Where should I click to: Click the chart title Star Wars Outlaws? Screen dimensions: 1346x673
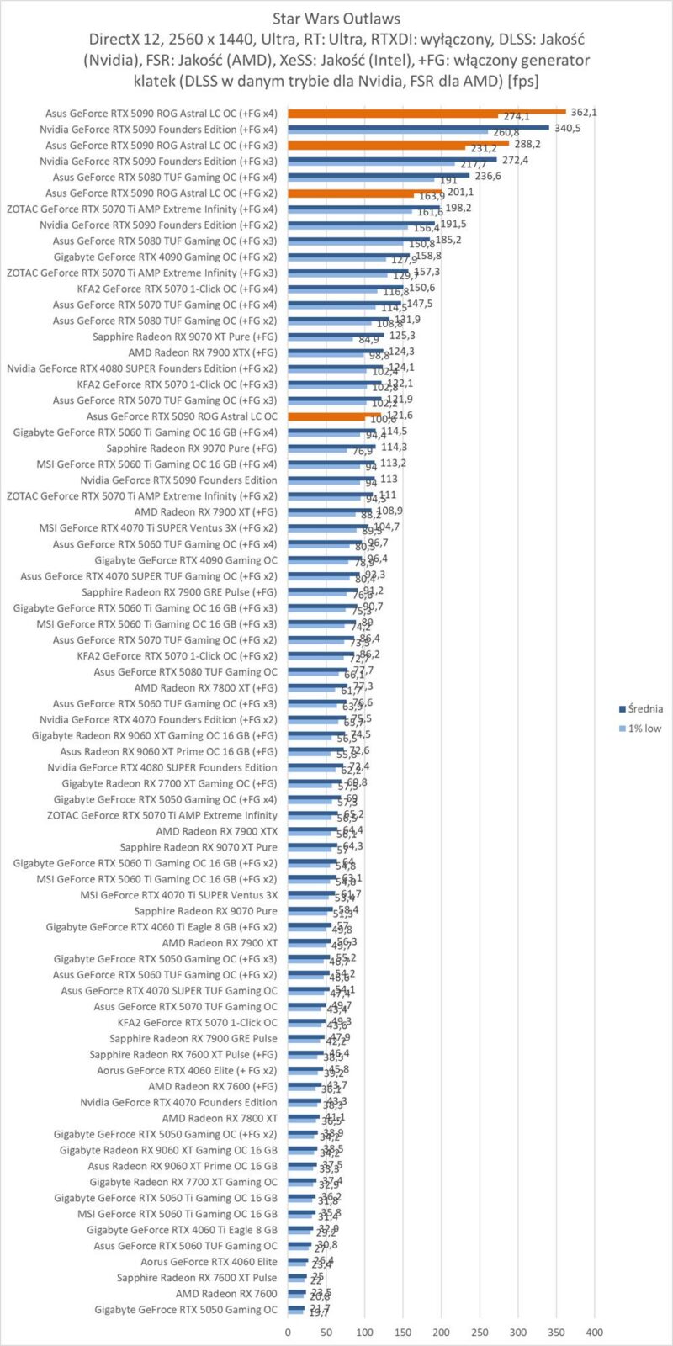pos(336,18)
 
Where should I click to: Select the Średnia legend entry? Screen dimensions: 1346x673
pos(644,708)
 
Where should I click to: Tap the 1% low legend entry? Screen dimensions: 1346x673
pos(644,728)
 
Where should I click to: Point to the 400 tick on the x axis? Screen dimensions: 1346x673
pos(595,1333)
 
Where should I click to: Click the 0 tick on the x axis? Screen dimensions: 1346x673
pos(288,1333)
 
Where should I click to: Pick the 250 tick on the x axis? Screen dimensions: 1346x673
pos(480,1333)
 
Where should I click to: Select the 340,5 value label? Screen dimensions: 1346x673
pos(568,128)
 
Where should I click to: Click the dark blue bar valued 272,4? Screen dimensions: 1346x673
pos(392,159)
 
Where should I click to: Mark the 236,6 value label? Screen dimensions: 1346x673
pos(488,176)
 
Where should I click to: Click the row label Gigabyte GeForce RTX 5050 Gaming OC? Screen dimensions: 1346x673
pos(185,1310)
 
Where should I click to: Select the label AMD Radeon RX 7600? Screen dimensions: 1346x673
pos(226,1294)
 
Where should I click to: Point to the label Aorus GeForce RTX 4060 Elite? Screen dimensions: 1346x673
pos(209,1262)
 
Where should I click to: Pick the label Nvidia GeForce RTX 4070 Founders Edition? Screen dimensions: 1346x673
pos(178,1102)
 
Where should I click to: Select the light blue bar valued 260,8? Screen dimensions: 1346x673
pos(388,133)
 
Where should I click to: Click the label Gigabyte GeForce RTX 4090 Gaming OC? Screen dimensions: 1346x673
pos(185,560)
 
